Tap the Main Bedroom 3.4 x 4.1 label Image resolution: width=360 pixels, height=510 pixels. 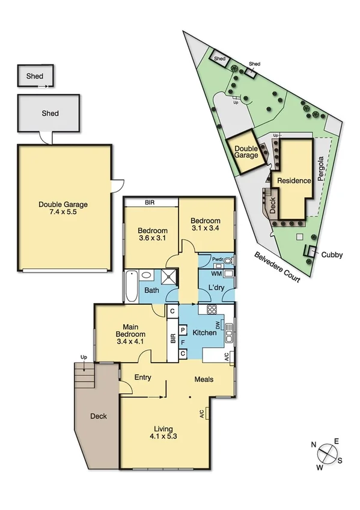130,338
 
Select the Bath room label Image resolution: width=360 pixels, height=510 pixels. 151,290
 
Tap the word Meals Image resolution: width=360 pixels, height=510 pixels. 205,379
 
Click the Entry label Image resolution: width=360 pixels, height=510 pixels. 142,378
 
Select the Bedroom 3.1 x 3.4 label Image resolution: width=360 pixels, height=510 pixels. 206,225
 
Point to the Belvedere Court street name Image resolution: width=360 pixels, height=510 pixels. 276,268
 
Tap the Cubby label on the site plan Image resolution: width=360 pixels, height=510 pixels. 331,255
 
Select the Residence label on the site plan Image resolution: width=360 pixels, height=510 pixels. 294,180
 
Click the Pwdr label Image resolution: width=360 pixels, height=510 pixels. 218,260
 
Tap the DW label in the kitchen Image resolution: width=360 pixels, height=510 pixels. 220,325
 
